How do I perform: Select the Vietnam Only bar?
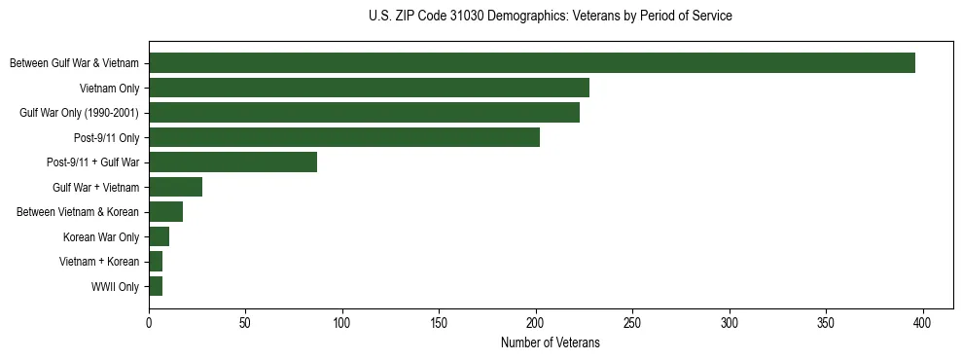[x=369, y=89]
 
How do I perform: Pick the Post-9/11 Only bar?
[x=344, y=138]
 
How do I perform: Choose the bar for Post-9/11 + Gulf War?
[x=232, y=162]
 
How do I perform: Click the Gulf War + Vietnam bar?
[x=175, y=188]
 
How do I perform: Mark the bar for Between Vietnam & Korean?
[x=165, y=212]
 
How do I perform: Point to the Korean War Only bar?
[x=159, y=237]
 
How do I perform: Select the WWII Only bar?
[x=156, y=287]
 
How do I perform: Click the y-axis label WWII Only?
[x=115, y=287]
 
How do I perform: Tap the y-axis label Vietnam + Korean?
[x=99, y=262]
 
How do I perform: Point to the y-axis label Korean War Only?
[x=101, y=237]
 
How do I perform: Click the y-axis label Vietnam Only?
[x=109, y=89]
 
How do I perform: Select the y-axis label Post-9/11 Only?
[x=107, y=138]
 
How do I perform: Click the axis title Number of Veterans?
[x=550, y=343]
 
